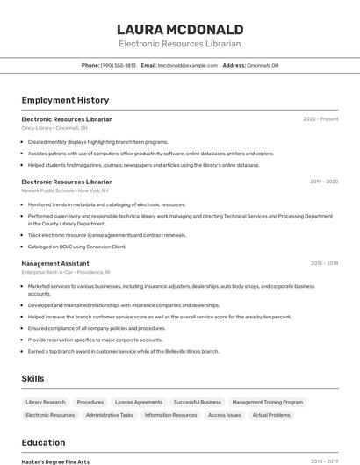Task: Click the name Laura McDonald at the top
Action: click(x=180, y=29)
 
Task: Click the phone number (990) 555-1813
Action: click(x=118, y=65)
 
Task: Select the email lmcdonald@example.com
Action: click(x=187, y=65)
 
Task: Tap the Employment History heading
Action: click(x=65, y=100)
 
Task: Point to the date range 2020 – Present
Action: click(x=320, y=119)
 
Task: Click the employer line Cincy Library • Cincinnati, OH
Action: click(x=54, y=128)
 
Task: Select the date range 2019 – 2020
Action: click(x=324, y=182)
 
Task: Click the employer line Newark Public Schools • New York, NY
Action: click(x=65, y=190)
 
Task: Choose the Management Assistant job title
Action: click(x=55, y=263)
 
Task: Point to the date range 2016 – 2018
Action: click(x=324, y=263)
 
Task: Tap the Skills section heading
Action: click(x=33, y=378)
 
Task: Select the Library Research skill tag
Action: click(x=45, y=402)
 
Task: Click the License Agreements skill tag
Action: click(x=139, y=402)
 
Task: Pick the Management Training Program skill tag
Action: click(x=267, y=402)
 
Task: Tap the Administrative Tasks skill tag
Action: click(x=110, y=415)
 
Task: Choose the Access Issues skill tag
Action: click(x=224, y=415)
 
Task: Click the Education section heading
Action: click(x=43, y=442)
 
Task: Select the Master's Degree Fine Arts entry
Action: click(x=55, y=461)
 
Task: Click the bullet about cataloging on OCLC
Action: click(x=77, y=247)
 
